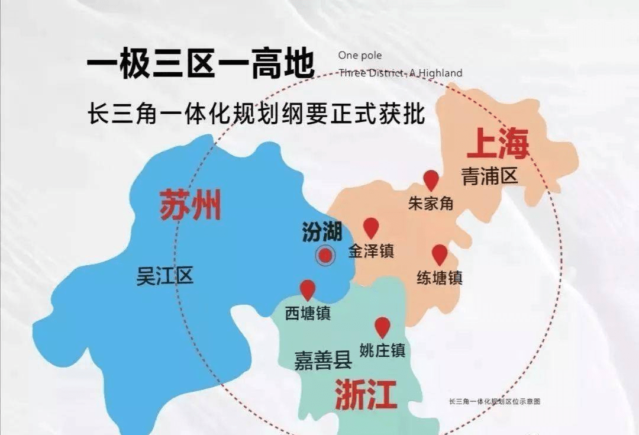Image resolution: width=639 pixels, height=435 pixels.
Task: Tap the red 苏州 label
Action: tap(190, 205)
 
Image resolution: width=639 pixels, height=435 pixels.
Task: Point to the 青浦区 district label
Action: tap(489, 176)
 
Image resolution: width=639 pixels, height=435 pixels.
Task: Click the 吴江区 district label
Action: tap(165, 276)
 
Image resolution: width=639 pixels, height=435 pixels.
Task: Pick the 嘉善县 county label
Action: tap(323, 360)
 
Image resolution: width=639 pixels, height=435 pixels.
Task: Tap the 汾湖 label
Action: tap(322, 232)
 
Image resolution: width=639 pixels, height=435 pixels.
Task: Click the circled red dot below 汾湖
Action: tap(324, 256)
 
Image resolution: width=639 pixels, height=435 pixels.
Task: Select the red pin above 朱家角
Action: tap(431, 180)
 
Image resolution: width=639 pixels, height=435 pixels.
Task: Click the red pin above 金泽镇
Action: tap(371, 227)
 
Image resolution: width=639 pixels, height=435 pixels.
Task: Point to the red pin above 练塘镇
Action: tap(439, 254)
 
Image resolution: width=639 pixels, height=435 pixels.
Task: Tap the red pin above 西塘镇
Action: tap(307, 289)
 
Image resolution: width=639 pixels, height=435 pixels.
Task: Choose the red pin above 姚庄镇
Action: tap(382, 326)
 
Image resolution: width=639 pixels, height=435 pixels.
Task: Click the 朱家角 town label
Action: tap(431, 203)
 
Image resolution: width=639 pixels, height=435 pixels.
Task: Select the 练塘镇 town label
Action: tap(439, 277)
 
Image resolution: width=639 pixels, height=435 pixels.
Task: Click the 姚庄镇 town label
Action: tap(382, 350)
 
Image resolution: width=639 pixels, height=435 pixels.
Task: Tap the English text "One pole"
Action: tap(360, 56)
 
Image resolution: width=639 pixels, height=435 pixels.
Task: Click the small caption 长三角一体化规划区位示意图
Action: tap(495, 401)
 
